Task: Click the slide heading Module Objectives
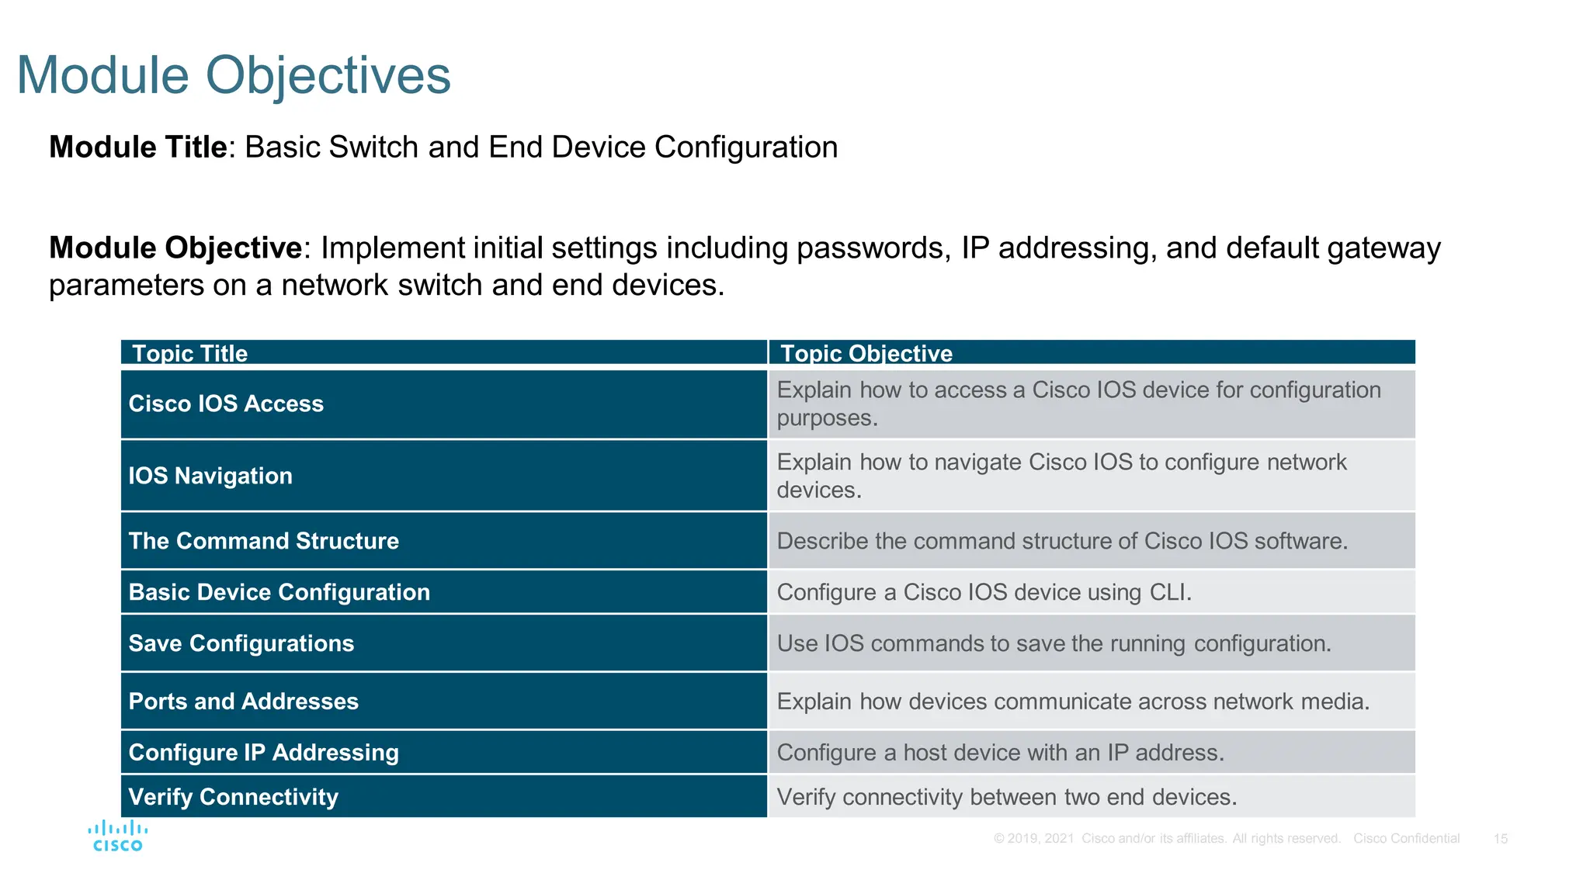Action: tap(233, 76)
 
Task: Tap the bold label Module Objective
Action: tap(175, 248)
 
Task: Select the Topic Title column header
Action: tap(189, 353)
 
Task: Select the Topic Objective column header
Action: tap(866, 353)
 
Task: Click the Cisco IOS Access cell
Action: tap(226, 404)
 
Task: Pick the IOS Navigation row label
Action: tap(210, 476)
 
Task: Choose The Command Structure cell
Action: tap(263, 541)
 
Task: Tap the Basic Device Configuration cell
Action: tap(279, 592)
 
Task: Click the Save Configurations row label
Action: tap(241, 643)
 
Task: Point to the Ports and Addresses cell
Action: tap(243, 702)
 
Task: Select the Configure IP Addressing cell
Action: tap(263, 753)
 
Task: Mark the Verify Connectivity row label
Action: tap(233, 797)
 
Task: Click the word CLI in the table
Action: tap(1168, 592)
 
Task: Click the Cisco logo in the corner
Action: tap(117, 836)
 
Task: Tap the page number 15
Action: tap(1500, 839)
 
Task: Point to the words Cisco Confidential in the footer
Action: tap(1406, 839)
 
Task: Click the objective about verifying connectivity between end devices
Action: tap(1006, 797)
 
